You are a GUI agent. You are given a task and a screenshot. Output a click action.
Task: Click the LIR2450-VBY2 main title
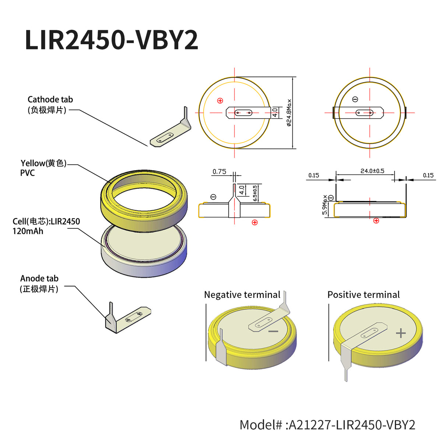pos(111,40)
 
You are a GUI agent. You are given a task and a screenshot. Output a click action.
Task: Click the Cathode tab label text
pos(50,100)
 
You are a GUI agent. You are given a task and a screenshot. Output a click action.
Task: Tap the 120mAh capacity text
pos(28,231)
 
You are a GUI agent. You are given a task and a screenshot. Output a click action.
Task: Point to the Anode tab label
pos(39,279)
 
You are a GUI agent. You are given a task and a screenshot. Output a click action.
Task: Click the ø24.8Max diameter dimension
pos(289,113)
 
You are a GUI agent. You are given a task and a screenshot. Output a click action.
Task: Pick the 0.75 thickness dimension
pos(219,172)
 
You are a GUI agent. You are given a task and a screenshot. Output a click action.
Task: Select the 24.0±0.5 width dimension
pos(372,171)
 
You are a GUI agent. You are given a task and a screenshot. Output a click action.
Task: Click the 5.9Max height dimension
pos(325,205)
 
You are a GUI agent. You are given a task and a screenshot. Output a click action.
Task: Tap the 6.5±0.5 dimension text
pos(255,193)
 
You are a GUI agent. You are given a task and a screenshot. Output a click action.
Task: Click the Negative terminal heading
pos(242,295)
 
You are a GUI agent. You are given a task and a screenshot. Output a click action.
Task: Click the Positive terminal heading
pos(363,295)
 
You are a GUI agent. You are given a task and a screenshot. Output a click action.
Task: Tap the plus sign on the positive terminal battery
pos(401,333)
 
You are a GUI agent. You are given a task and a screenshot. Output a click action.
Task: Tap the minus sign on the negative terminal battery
pos(273,331)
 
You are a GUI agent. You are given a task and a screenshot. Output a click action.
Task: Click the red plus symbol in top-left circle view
pos(220,101)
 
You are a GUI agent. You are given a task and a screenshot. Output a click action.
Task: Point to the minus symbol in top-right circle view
pos(355,99)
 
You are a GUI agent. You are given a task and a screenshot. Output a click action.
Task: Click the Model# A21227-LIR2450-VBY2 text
pos(327,425)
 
